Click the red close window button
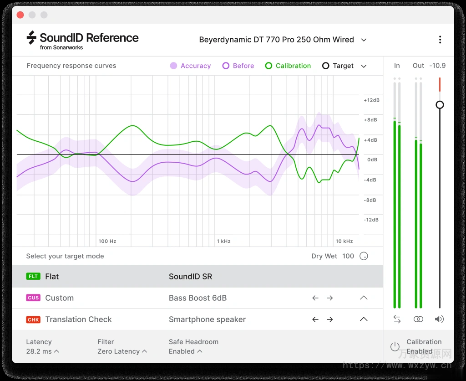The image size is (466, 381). click(20, 15)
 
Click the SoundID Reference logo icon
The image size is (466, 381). click(31, 38)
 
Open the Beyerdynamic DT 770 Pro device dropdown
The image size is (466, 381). click(364, 40)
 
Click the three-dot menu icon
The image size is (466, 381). click(440, 40)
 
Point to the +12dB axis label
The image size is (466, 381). click(371, 100)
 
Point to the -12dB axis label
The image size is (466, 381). click(371, 220)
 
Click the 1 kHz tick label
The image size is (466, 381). click(223, 241)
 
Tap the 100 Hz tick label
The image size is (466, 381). click(107, 241)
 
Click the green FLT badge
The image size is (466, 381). click(33, 277)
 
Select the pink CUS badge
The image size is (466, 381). click(33, 298)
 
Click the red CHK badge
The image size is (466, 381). click(33, 319)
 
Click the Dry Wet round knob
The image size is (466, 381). click(364, 256)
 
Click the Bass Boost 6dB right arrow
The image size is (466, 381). click(329, 298)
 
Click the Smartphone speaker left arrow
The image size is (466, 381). click(315, 319)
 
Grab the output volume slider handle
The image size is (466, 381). click(440, 105)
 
